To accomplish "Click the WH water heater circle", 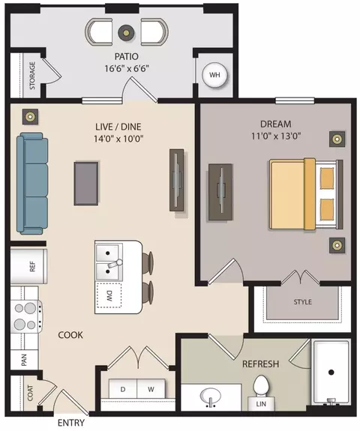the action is point(214,75).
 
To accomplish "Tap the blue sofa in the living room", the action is point(32,184).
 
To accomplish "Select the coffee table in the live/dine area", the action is point(85,184).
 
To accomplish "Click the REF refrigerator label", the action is point(32,266).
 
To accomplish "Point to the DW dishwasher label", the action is point(109,295).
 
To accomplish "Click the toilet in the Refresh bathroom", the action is point(260,385).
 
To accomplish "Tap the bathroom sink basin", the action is point(211,396).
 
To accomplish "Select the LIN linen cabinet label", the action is point(261,404).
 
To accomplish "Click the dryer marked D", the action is point(123,389).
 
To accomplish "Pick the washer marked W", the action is point(151,389).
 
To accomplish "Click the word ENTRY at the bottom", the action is point(71,423).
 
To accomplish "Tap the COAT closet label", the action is point(30,393).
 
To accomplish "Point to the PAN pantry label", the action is point(24,360).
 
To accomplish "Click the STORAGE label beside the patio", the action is point(32,76).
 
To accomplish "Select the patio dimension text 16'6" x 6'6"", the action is point(127,68).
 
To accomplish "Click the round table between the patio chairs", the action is point(126,33).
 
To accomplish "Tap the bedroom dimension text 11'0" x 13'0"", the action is point(276,136).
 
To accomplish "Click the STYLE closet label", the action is point(302,302).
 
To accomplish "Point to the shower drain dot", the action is point(331,373).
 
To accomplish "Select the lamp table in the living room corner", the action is point(30,116).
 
